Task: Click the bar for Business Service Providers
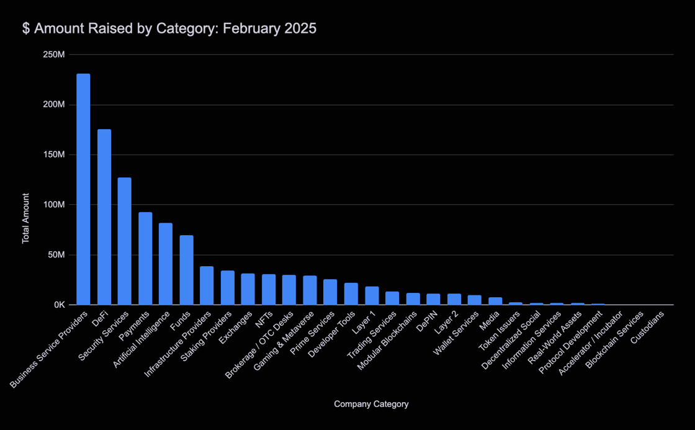tap(83, 189)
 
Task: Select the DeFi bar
tap(104, 217)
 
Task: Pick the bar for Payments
tap(145, 258)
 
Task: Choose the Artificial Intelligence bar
tap(166, 264)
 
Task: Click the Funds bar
tap(186, 270)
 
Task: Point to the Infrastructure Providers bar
tap(207, 285)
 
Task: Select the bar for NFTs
tap(269, 289)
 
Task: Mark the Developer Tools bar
tap(351, 293)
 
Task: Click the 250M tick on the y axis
tap(53, 55)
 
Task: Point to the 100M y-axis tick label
tap(53, 205)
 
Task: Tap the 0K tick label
tap(59, 305)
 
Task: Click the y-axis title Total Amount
tap(26, 218)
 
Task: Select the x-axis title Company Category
tap(371, 404)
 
